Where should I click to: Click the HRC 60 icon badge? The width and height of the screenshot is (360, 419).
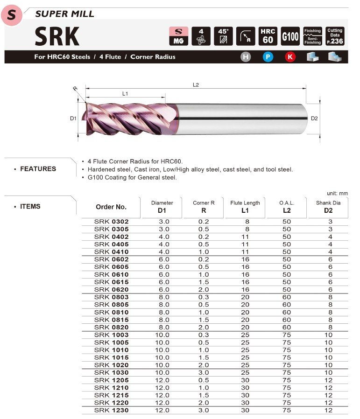coord(268,36)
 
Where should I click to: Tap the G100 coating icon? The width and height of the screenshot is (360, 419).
coord(290,36)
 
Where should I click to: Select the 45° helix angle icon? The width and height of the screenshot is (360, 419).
coord(223,36)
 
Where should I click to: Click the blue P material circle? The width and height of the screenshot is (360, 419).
coord(268,57)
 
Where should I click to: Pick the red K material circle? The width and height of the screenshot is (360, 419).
coord(290,57)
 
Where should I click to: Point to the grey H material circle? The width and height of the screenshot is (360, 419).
coord(246,57)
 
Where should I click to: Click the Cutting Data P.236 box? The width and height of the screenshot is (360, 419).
coord(335,36)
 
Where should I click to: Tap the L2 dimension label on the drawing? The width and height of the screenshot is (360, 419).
coord(196,85)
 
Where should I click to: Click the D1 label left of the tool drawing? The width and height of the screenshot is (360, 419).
coord(73,119)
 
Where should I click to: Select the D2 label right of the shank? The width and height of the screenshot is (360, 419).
coord(314,119)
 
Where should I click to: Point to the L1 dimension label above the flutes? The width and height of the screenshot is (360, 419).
coord(125,94)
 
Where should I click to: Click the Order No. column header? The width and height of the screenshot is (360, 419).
coord(111,207)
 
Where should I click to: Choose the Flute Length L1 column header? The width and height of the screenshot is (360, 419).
coord(245,207)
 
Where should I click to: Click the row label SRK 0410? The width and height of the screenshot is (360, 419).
coord(111,252)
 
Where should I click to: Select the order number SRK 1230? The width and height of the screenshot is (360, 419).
coord(111,410)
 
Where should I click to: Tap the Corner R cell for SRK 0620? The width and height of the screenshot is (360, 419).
coord(204,290)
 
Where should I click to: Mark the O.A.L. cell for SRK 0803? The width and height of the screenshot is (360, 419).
coord(286,297)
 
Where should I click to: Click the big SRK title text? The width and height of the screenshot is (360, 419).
coord(57,36)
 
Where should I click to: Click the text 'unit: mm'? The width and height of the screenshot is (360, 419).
coord(337,193)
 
